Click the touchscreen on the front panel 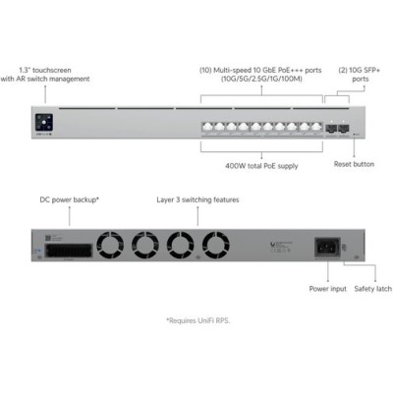[x=44, y=123]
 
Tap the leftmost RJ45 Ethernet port [x=207, y=128]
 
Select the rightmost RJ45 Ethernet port [x=316, y=128]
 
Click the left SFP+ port [x=331, y=128]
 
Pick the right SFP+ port [x=344, y=128]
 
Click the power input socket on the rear [x=327, y=248]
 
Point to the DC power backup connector [x=68, y=251]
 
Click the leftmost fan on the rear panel [x=110, y=245]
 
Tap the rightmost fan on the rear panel [x=215, y=245]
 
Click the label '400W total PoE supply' [x=261, y=166]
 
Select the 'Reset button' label [x=354, y=164]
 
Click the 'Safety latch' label [x=373, y=289]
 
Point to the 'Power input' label [x=327, y=289]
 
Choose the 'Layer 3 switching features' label [x=197, y=199]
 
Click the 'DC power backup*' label [x=70, y=199]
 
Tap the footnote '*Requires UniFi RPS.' [x=198, y=320]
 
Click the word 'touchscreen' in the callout [x=52, y=70]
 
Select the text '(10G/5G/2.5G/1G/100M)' [x=261, y=79]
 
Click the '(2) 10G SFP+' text [x=360, y=70]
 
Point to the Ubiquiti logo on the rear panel [x=272, y=244]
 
